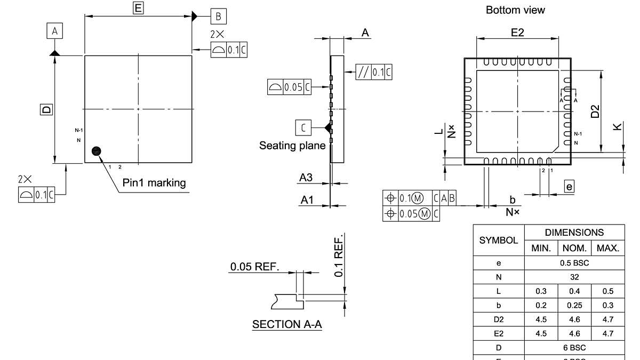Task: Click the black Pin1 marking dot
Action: (x=96, y=151)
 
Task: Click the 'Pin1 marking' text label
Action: (x=154, y=183)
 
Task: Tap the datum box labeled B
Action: (x=218, y=17)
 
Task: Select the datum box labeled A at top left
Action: (x=54, y=32)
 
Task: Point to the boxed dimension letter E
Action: (x=138, y=7)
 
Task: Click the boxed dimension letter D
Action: (x=47, y=109)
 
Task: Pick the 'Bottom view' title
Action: (x=515, y=10)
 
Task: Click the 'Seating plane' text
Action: (x=292, y=146)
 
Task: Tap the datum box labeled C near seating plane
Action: (x=303, y=127)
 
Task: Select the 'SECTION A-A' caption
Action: (x=287, y=324)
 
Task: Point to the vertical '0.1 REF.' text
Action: (x=339, y=255)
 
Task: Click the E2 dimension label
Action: (x=517, y=33)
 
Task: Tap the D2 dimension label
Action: (x=595, y=111)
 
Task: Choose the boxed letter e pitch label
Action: (x=570, y=186)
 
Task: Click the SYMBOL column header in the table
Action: (x=499, y=241)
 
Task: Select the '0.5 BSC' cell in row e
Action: (x=574, y=263)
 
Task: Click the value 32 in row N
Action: (x=574, y=277)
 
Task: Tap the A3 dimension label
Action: (x=306, y=178)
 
